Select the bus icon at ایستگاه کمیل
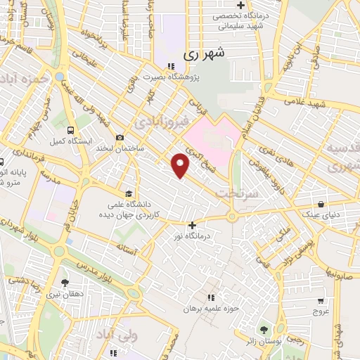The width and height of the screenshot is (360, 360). (70, 130)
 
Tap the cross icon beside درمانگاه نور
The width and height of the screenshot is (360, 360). (192, 225)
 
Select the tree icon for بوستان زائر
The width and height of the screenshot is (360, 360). (264, 329)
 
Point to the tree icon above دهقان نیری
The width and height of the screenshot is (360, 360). (65, 283)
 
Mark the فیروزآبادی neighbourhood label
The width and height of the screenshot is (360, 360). (166, 122)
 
